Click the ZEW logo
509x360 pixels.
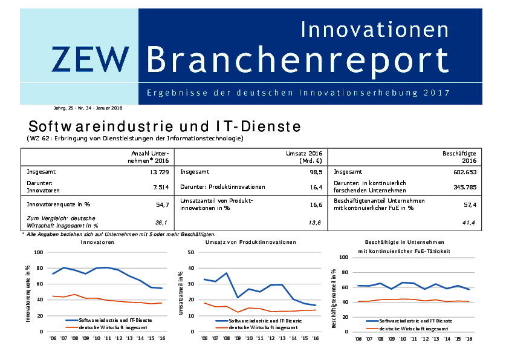pyautogui.click(x=91, y=59)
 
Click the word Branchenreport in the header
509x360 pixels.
pyautogui.click(x=298, y=60)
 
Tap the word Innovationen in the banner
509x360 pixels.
pyautogui.click(x=375, y=28)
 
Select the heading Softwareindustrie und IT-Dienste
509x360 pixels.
pyautogui.click(x=164, y=128)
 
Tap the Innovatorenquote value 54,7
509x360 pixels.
pyautogui.click(x=162, y=205)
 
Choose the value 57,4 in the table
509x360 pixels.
pyautogui.click(x=470, y=205)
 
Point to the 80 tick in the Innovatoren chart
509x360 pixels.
pyautogui.click(x=39, y=268)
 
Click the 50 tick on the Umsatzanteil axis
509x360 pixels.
pyautogui.click(x=190, y=252)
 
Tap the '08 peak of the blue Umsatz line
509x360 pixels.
pyautogui.click(x=227, y=273)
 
